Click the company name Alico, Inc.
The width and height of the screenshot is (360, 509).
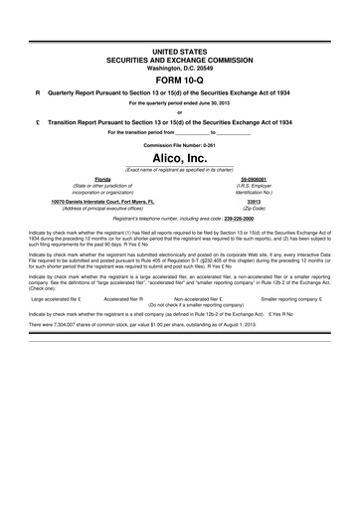tap(179, 157)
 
